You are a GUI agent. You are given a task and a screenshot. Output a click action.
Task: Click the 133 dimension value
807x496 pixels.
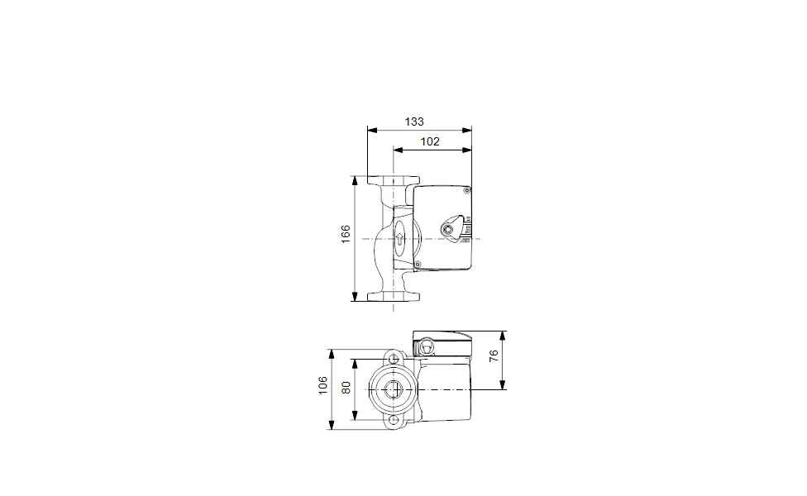pos(414,122)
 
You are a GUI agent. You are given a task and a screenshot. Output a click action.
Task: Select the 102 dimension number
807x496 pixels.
pos(430,141)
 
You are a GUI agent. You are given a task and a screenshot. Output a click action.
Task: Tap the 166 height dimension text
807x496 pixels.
pos(346,234)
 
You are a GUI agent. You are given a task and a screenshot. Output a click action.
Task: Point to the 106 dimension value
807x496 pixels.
pos(322,385)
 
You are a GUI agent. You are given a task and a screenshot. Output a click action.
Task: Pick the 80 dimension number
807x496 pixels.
pos(346,388)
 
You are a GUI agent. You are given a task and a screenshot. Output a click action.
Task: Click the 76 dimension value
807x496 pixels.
pos(494,355)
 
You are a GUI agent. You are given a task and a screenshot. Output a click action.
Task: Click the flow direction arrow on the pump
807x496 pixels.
pos(400,239)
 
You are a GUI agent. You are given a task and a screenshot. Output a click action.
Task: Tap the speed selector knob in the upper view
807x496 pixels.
pos(449,230)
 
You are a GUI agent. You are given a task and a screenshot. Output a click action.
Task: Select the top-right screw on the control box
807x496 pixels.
pos(467,191)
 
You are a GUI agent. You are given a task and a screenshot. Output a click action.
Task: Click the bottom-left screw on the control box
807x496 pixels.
pos(418,265)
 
